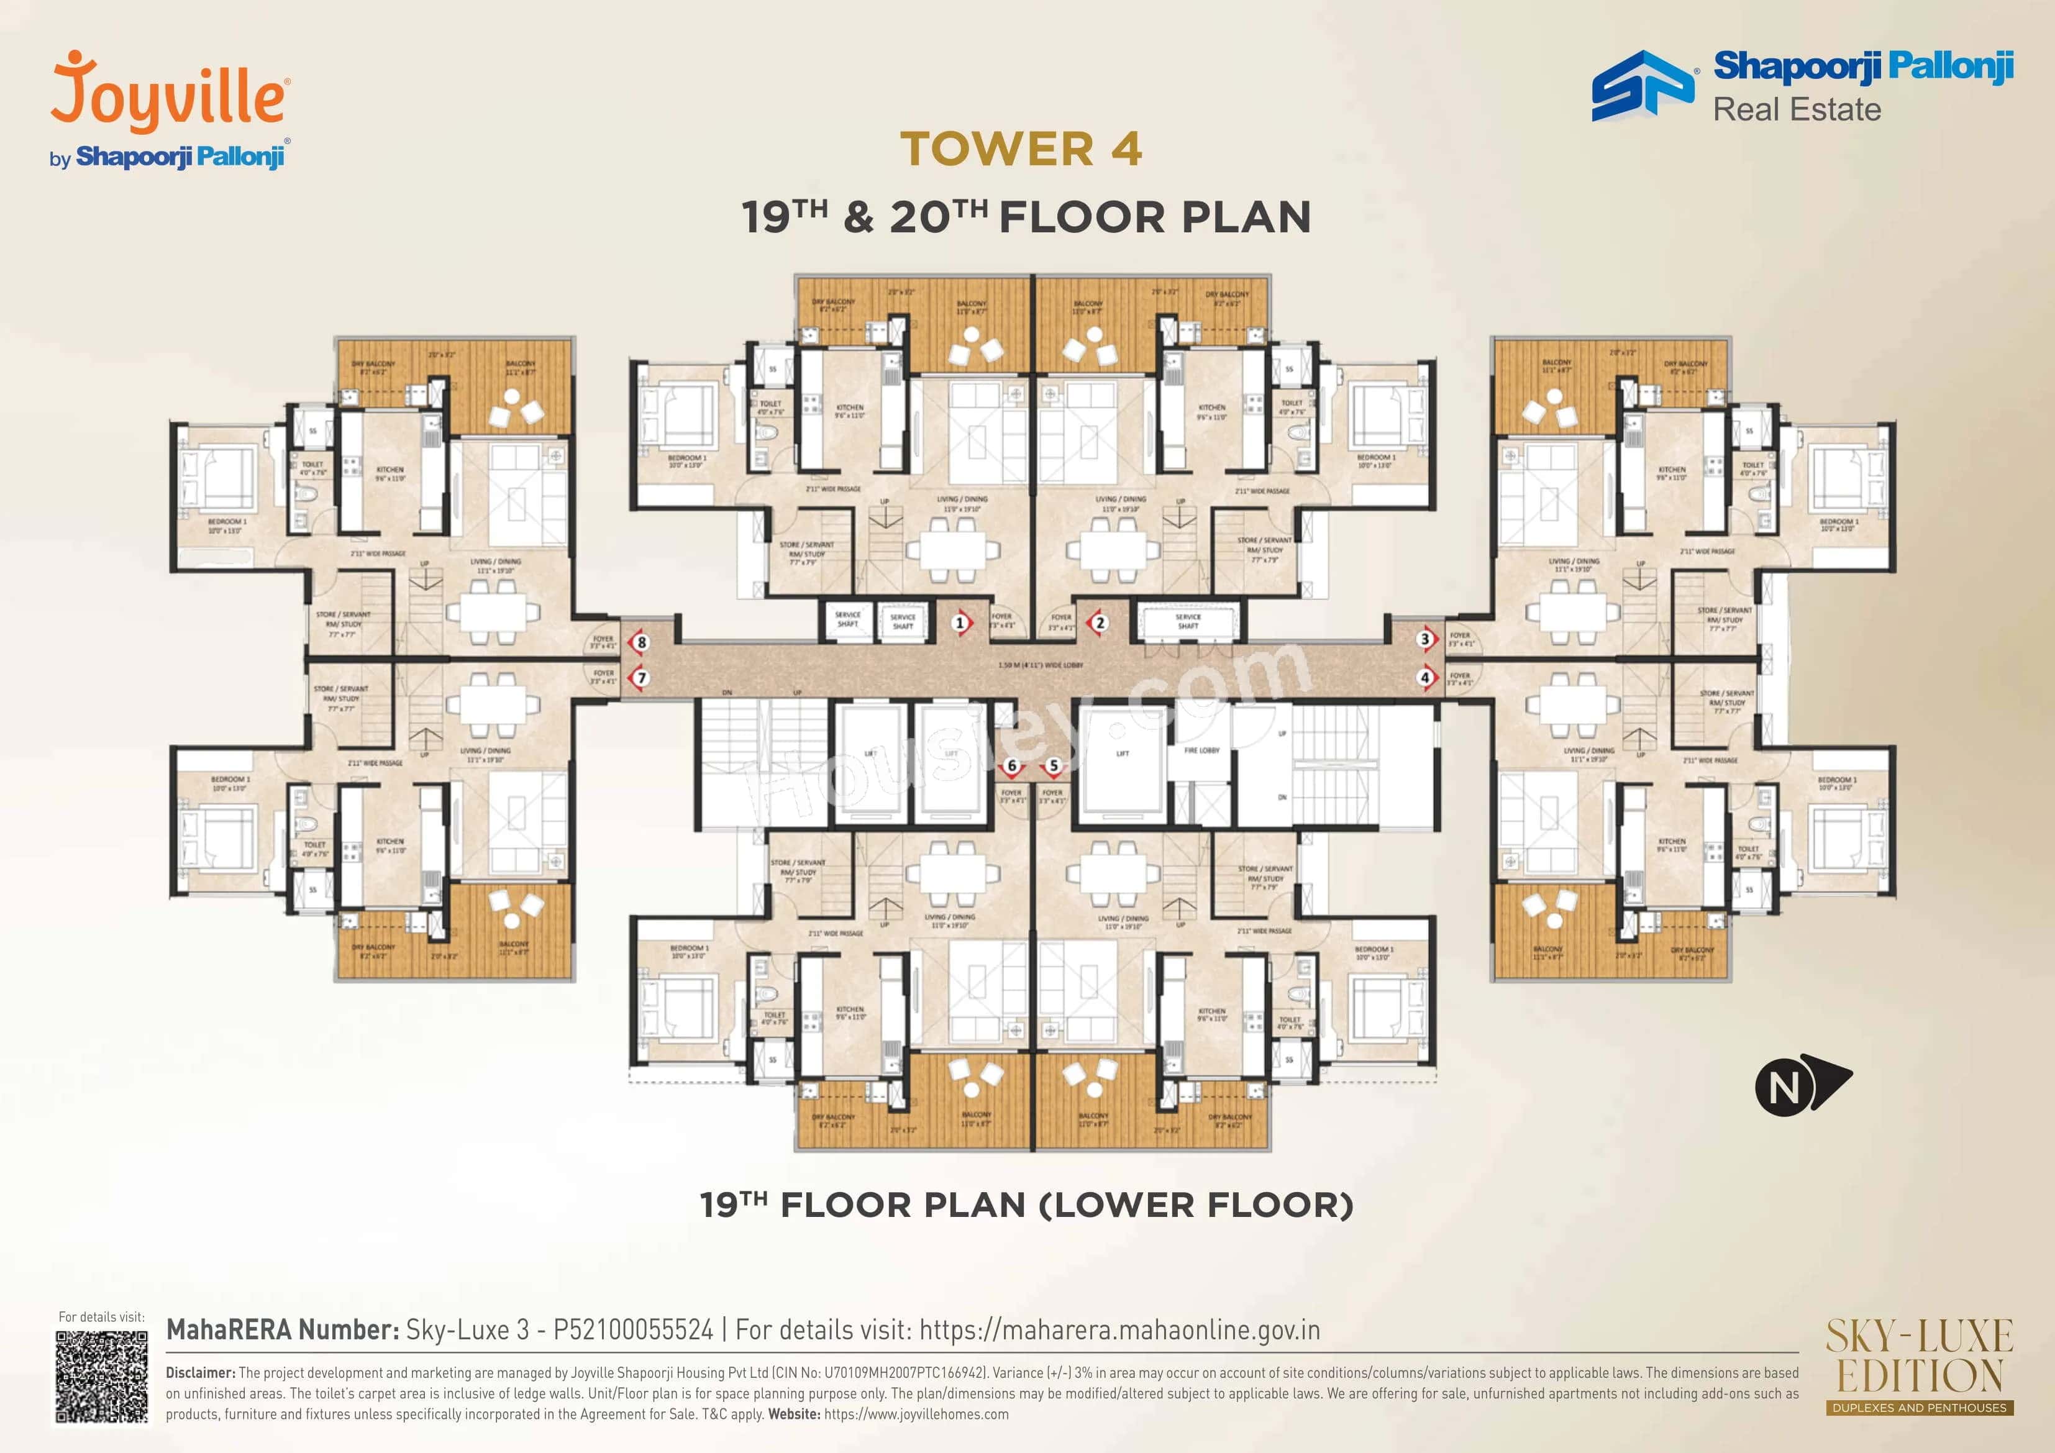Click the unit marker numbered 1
960,622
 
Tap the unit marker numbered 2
1100,622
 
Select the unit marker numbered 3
1425,639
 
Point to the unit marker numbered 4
1425,678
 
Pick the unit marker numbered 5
1054,765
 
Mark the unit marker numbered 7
641,678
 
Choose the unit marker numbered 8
641,642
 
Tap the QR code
101,1376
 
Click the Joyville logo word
170,94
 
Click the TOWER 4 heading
1021,148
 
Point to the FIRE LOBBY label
1201,750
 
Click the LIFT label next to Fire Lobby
1123,754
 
